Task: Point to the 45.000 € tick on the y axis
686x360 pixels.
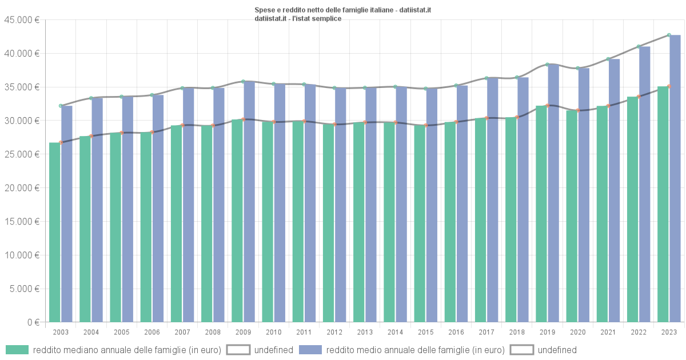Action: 21,20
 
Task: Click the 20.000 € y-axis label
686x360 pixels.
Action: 21,188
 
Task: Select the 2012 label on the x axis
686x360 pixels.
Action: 334,332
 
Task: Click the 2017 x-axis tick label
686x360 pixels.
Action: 486,332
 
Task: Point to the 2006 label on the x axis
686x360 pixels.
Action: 152,332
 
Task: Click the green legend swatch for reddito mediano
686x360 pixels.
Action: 17,350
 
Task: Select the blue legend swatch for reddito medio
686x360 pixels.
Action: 310,350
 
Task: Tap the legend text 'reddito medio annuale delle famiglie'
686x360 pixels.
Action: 415,350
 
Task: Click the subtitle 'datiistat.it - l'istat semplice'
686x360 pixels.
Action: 298,18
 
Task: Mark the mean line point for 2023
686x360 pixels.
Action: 669,35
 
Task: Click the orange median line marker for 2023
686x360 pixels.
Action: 669,86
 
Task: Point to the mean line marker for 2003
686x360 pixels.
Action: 61,106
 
